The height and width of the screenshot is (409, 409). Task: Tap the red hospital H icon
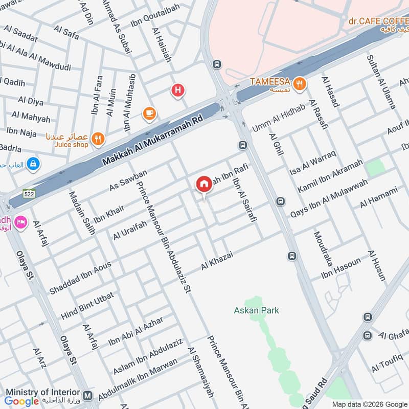177,91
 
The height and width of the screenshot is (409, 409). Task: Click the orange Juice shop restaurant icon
98,138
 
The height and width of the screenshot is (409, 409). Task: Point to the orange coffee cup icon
149,113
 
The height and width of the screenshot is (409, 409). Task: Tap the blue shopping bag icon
33,164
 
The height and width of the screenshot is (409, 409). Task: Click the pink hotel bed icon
20,222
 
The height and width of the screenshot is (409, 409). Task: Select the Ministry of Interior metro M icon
88,396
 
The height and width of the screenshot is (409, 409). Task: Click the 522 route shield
29,193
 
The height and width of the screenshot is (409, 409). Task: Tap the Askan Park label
256,310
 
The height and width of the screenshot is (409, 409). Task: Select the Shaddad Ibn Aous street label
80,278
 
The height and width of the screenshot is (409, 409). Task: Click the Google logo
22,401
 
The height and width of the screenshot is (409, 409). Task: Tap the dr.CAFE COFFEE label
378,21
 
